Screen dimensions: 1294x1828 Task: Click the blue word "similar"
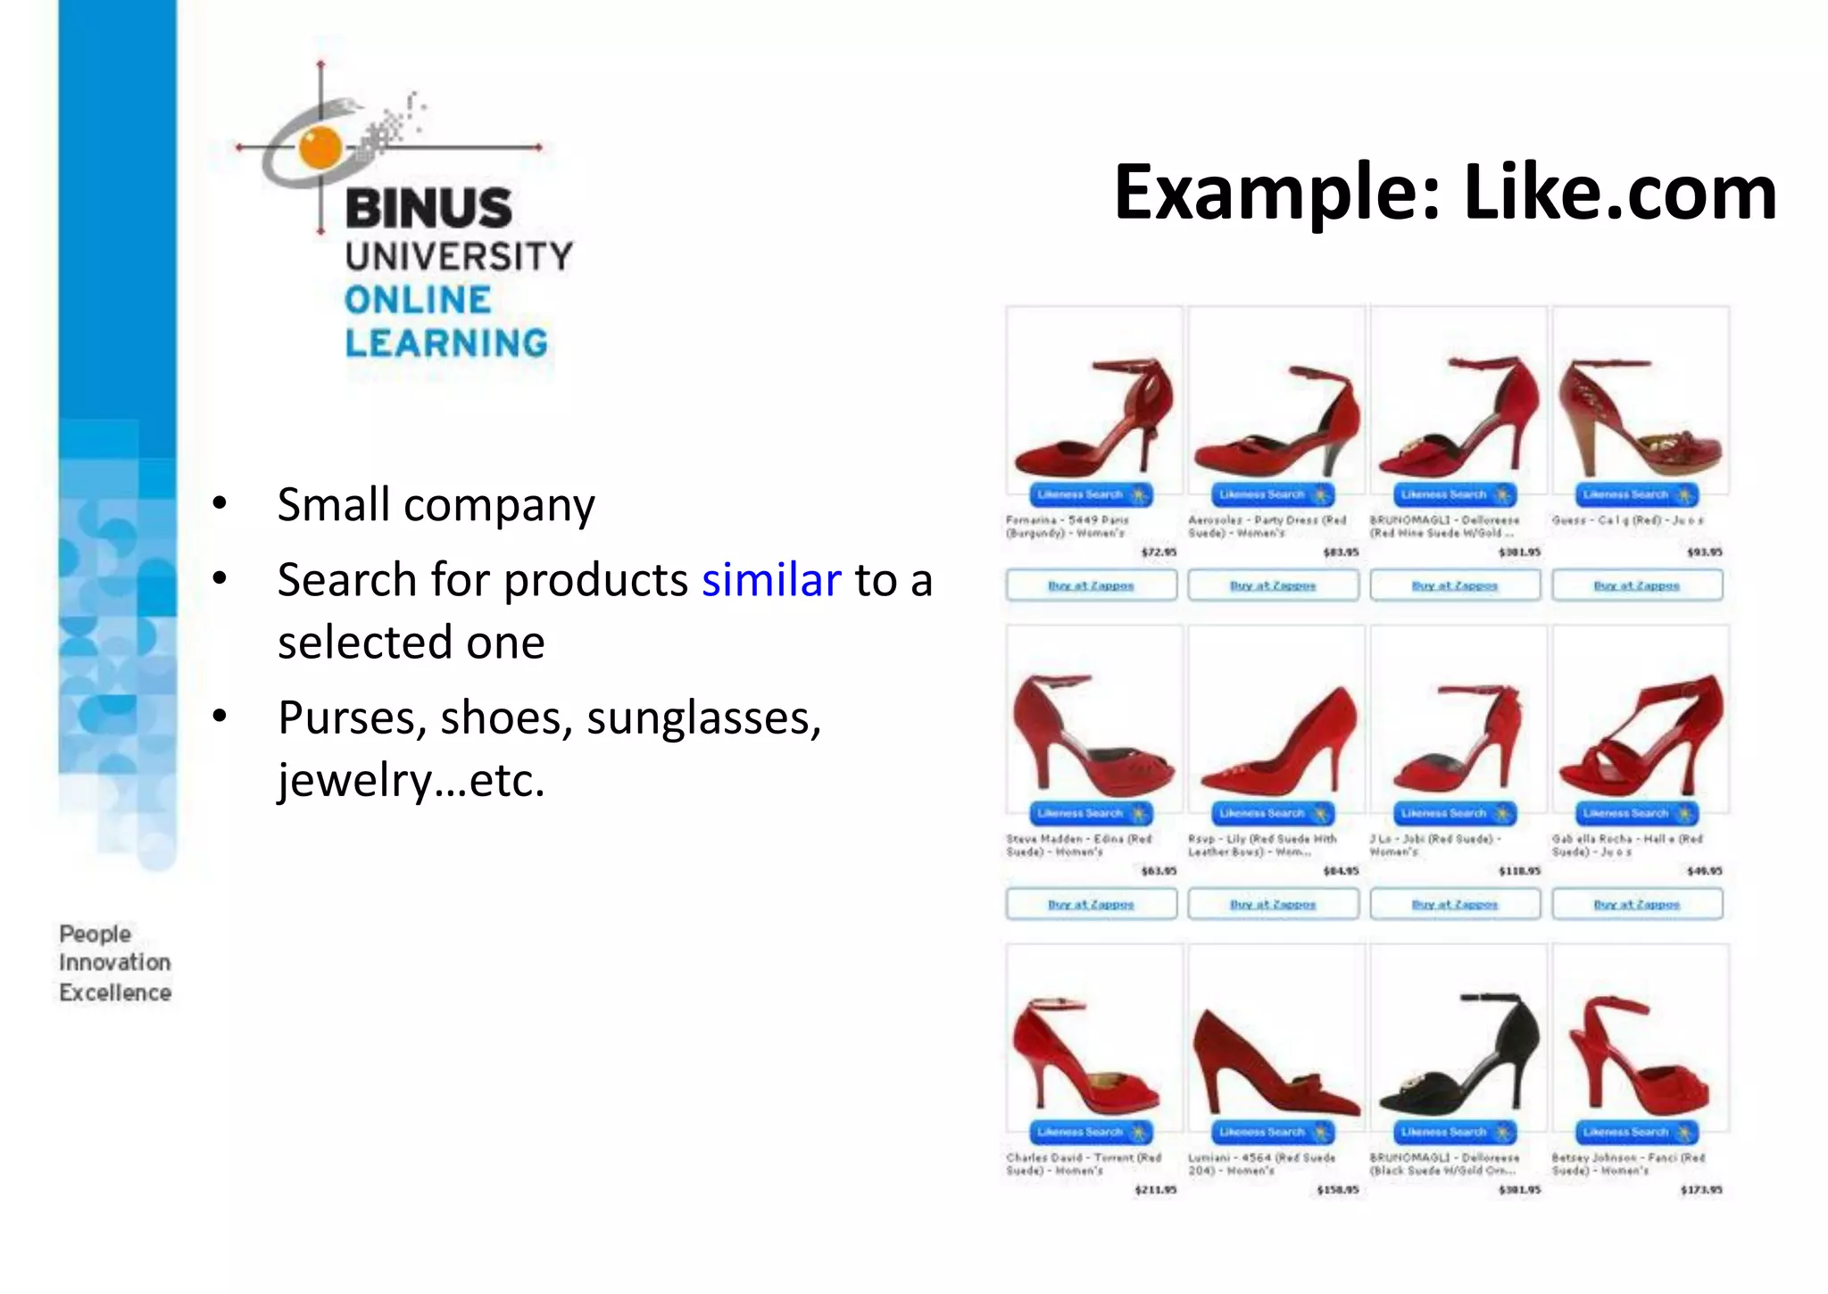[x=771, y=580]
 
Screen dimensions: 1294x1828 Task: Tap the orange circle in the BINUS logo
[x=320, y=148]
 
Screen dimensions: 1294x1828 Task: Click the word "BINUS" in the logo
[x=428, y=208]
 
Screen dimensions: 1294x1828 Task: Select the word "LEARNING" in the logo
[x=446, y=344]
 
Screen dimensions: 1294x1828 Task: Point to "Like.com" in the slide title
[x=1620, y=192]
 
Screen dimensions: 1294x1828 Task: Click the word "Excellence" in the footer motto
[x=115, y=992]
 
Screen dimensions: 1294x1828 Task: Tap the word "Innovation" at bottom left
[x=115, y=962]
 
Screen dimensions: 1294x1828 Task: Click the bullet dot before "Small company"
[x=220, y=504]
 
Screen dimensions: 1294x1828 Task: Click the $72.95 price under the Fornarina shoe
[x=1159, y=552]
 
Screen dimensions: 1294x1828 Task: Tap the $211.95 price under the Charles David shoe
[x=1156, y=1190]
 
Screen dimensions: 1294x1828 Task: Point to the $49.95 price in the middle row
[x=1705, y=870]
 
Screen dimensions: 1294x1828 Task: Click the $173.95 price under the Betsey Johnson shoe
[x=1701, y=1190]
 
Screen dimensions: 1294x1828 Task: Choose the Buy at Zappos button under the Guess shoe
[x=1637, y=585]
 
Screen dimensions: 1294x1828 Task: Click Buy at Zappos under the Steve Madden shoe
[x=1091, y=904]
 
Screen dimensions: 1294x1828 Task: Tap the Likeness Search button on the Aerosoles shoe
[x=1272, y=494]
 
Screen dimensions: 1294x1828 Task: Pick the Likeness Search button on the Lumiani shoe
[x=1272, y=1132]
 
